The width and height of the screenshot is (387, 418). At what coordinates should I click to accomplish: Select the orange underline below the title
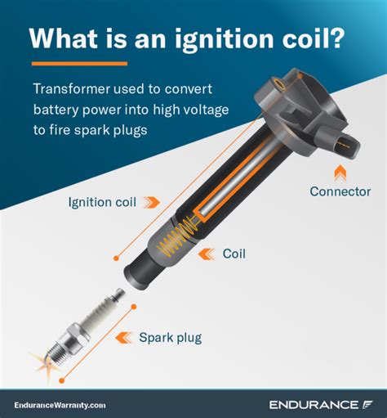pos(79,63)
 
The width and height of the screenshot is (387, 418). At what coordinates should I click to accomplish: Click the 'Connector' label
pos(340,191)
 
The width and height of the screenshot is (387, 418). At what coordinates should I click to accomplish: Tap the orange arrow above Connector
pos(340,172)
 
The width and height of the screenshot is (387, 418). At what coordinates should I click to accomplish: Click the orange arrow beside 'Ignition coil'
pos(151,201)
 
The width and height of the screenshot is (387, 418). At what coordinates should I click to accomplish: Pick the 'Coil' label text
pos(234,254)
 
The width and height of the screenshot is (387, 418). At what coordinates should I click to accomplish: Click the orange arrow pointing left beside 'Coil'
pos(207,254)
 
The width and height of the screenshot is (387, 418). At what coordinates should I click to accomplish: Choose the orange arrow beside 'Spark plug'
pos(124,336)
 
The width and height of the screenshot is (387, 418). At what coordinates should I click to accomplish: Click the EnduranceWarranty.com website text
pos(60,404)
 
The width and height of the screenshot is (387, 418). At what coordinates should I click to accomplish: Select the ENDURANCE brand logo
pos(324,404)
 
